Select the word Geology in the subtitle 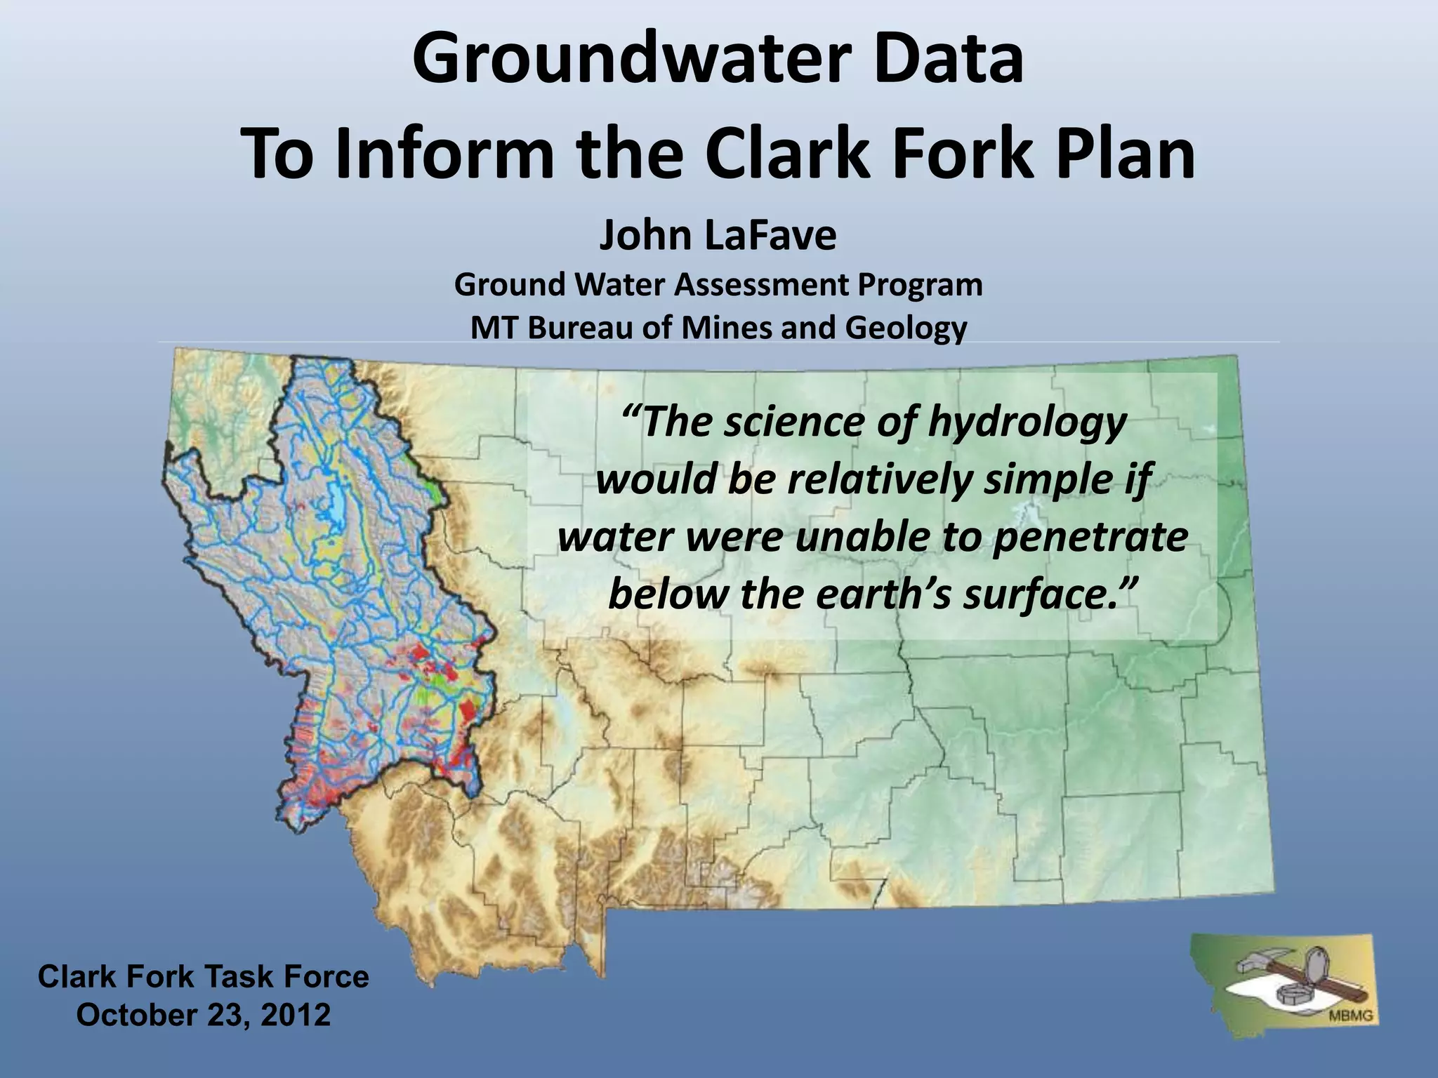pos(906,328)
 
